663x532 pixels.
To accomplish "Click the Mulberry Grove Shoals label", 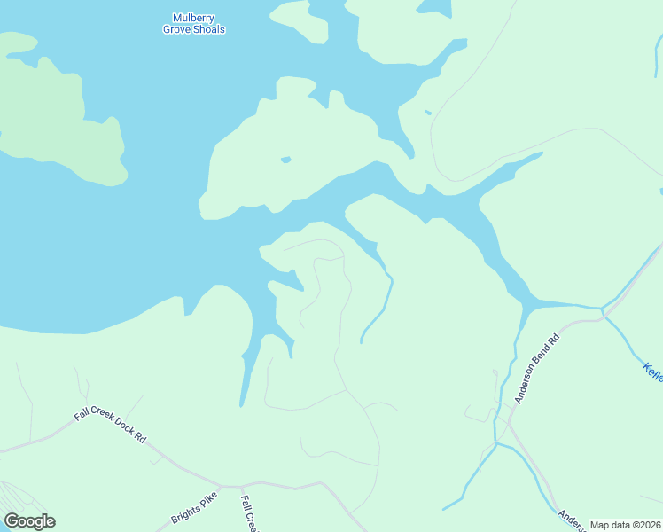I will pos(193,23).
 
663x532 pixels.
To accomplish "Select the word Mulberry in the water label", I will pos(193,17).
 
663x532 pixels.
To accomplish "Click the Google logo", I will pos(29,521).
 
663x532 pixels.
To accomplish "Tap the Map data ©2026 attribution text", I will pos(625,525).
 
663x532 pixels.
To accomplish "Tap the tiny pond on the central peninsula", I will pos(285,160).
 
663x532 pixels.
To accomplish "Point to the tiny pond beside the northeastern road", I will pos(428,113).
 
